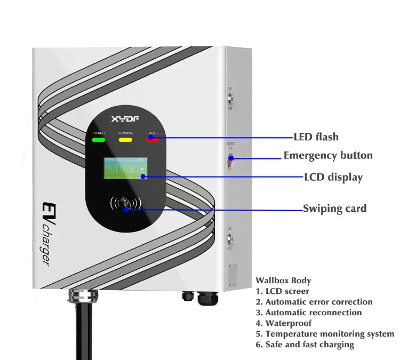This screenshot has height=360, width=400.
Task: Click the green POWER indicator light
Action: (x=99, y=140)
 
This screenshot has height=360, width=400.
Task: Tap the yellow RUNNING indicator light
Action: (x=125, y=140)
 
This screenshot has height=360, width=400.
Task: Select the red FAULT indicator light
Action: (x=152, y=140)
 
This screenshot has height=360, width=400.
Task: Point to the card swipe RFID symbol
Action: (x=125, y=204)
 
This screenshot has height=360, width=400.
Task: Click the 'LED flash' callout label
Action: (x=316, y=137)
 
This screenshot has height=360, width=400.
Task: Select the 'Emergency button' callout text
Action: (x=328, y=156)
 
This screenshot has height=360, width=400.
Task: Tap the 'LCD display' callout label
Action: (x=333, y=177)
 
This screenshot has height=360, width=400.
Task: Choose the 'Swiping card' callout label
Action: (x=334, y=209)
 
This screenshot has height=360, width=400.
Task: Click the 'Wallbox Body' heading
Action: (x=283, y=281)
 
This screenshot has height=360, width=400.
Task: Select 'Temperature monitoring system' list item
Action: (x=330, y=334)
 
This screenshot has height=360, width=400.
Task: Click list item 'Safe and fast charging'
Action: (x=309, y=345)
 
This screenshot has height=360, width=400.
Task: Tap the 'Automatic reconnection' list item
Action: (x=313, y=313)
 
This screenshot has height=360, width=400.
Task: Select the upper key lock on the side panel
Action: (x=230, y=99)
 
